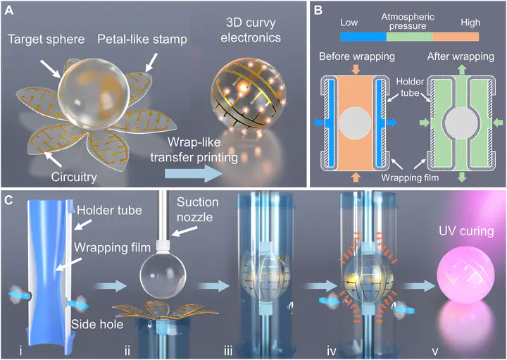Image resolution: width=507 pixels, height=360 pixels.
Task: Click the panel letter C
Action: tap(10, 200)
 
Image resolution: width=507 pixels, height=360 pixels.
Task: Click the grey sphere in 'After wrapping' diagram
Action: tap(458, 123)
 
